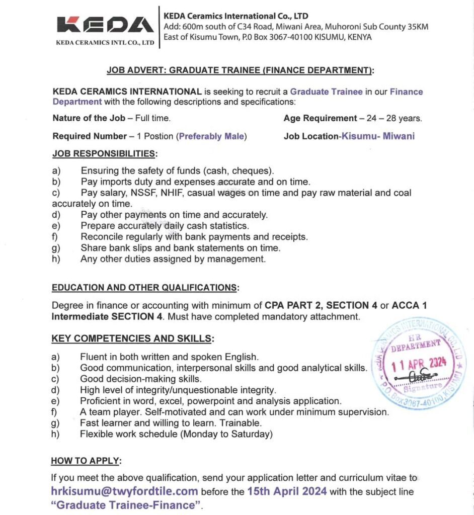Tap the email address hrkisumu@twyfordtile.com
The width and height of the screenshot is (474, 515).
point(124,491)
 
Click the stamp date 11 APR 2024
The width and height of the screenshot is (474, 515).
point(414,363)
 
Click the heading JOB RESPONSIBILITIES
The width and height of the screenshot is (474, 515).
point(105,153)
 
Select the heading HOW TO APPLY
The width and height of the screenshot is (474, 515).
point(87,461)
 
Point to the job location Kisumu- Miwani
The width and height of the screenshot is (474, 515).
point(378,136)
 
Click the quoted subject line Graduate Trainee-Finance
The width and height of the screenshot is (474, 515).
point(126,505)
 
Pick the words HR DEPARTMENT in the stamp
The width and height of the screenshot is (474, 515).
point(416,344)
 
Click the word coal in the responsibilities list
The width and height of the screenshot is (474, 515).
point(402,193)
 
